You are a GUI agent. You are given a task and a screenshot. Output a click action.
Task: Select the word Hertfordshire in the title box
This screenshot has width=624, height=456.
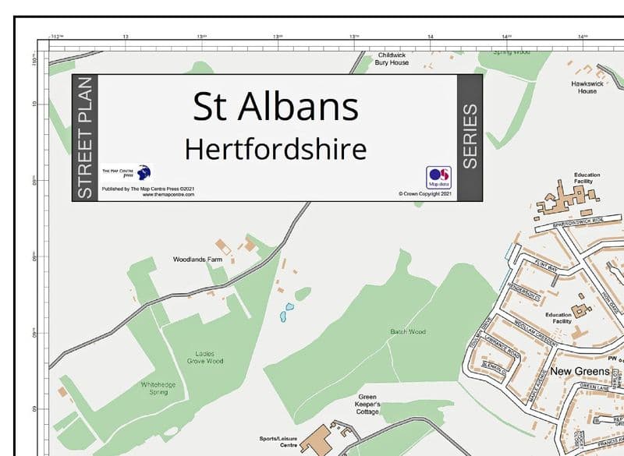click(275, 147)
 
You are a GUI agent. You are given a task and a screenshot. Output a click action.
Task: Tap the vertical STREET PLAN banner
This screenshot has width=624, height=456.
click(85, 138)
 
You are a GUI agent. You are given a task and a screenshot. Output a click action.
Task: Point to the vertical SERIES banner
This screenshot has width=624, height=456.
click(470, 138)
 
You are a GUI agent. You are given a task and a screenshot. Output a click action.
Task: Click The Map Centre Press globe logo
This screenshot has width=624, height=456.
click(143, 173)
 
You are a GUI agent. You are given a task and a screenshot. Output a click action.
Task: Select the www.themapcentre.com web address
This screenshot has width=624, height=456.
click(168, 195)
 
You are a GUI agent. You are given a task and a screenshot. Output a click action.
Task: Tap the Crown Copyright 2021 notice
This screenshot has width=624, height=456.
click(425, 193)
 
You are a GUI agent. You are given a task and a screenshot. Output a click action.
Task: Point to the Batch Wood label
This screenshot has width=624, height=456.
click(408, 332)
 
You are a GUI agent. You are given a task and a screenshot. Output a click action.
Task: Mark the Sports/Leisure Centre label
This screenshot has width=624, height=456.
click(279, 442)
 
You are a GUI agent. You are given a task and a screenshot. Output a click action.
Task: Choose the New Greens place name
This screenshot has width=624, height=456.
click(580, 372)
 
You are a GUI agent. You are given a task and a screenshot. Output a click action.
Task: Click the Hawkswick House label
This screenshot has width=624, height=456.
click(587, 87)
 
